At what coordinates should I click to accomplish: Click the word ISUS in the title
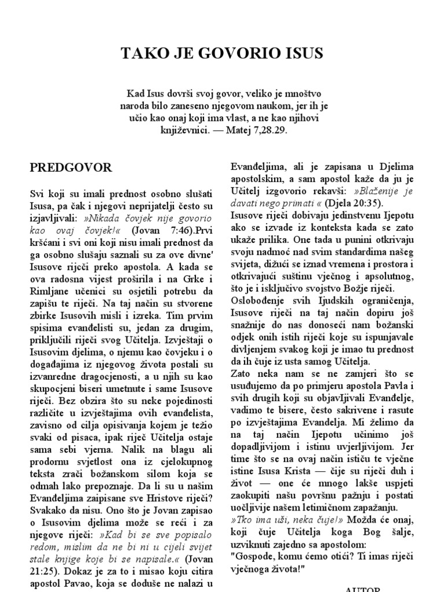coord(299,54)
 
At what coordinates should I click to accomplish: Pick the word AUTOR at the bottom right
coord(362,589)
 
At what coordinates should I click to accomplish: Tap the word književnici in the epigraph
coord(183,131)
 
